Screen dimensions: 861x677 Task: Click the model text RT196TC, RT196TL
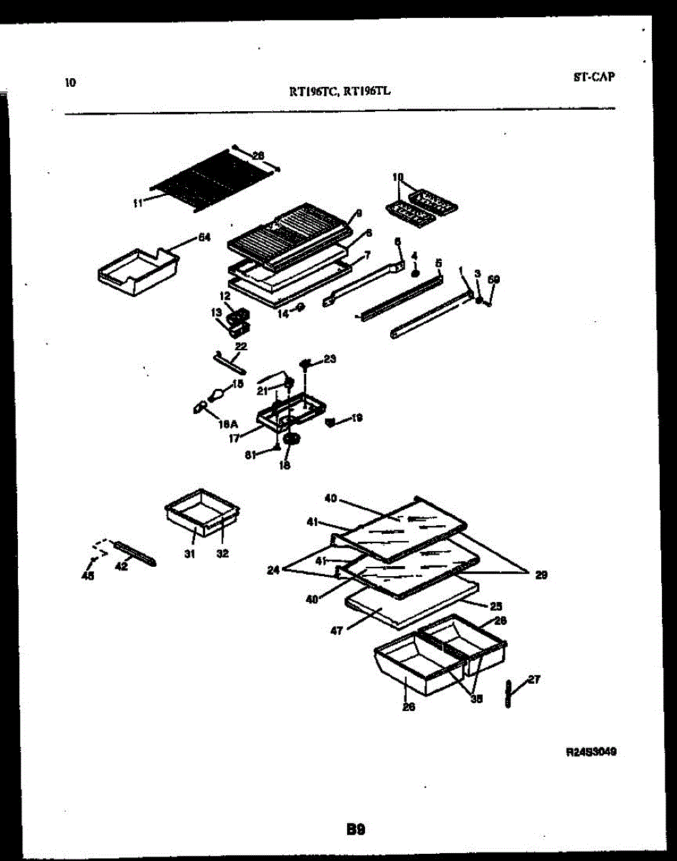[339, 91]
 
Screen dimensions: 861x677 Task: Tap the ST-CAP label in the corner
[594, 77]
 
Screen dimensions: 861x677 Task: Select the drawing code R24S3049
[591, 752]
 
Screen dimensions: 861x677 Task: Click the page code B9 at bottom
[356, 830]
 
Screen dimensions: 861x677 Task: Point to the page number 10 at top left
[70, 82]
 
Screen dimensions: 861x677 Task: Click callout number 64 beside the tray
[204, 238]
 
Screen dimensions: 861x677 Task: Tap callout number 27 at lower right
[534, 679]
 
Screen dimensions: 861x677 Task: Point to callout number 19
[356, 417]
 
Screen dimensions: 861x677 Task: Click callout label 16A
[229, 424]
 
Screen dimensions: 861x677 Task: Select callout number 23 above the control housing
[330, 359]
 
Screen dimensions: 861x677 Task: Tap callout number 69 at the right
[493, 279]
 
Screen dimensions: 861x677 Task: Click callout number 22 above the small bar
[241, 347]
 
